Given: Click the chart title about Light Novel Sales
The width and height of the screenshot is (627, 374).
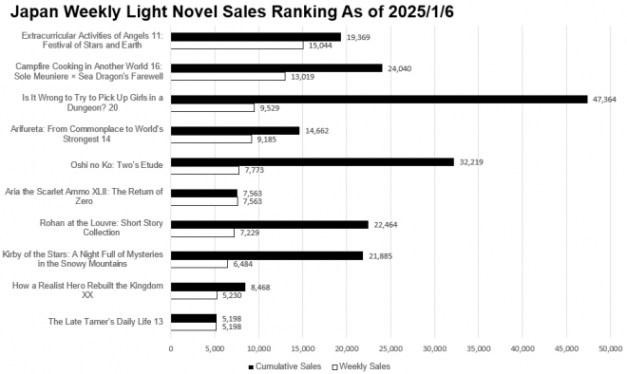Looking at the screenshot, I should [245, 11].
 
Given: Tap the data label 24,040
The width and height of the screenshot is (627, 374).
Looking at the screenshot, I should [400, 67].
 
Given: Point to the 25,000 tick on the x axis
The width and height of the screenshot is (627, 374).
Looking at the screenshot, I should [390, 348].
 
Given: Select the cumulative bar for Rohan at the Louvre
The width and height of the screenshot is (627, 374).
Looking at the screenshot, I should [269, 224].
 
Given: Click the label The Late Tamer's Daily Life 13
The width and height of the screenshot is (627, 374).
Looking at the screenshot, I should [106, 322].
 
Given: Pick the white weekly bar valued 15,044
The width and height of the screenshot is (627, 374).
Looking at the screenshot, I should [237, 45].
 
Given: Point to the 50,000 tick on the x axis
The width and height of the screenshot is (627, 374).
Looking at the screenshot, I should [610, 348].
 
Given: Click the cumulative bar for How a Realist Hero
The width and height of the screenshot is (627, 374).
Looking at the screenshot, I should [208, 286].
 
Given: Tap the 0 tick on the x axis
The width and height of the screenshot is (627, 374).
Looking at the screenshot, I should [171, 348].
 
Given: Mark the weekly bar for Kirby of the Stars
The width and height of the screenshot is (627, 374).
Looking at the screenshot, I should [199, 264].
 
